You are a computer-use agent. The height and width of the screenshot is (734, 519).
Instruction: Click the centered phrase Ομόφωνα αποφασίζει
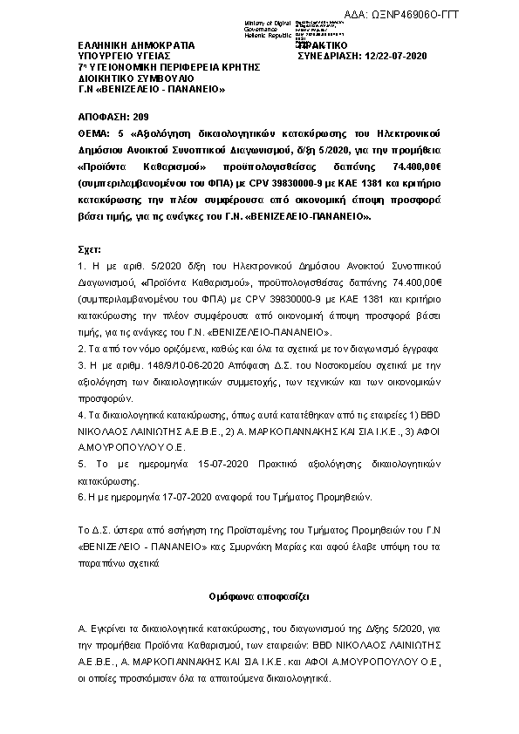tap(259, 597)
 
